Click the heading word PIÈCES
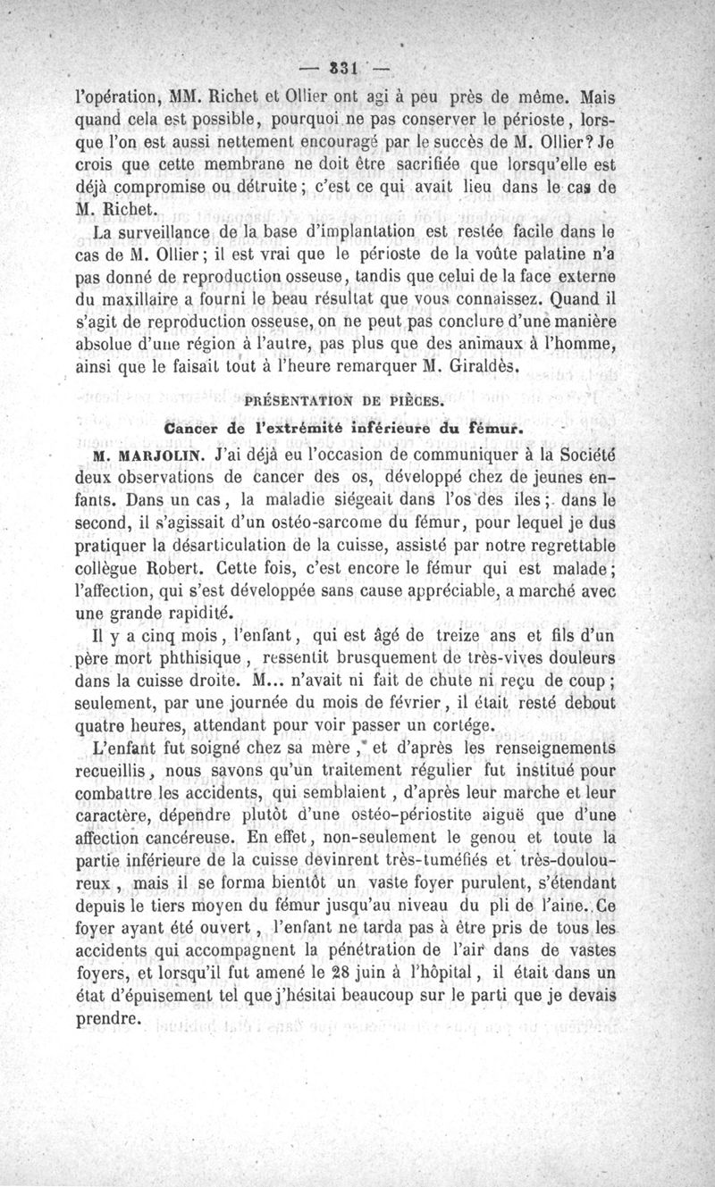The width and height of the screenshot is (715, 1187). (x=415, y=401)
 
